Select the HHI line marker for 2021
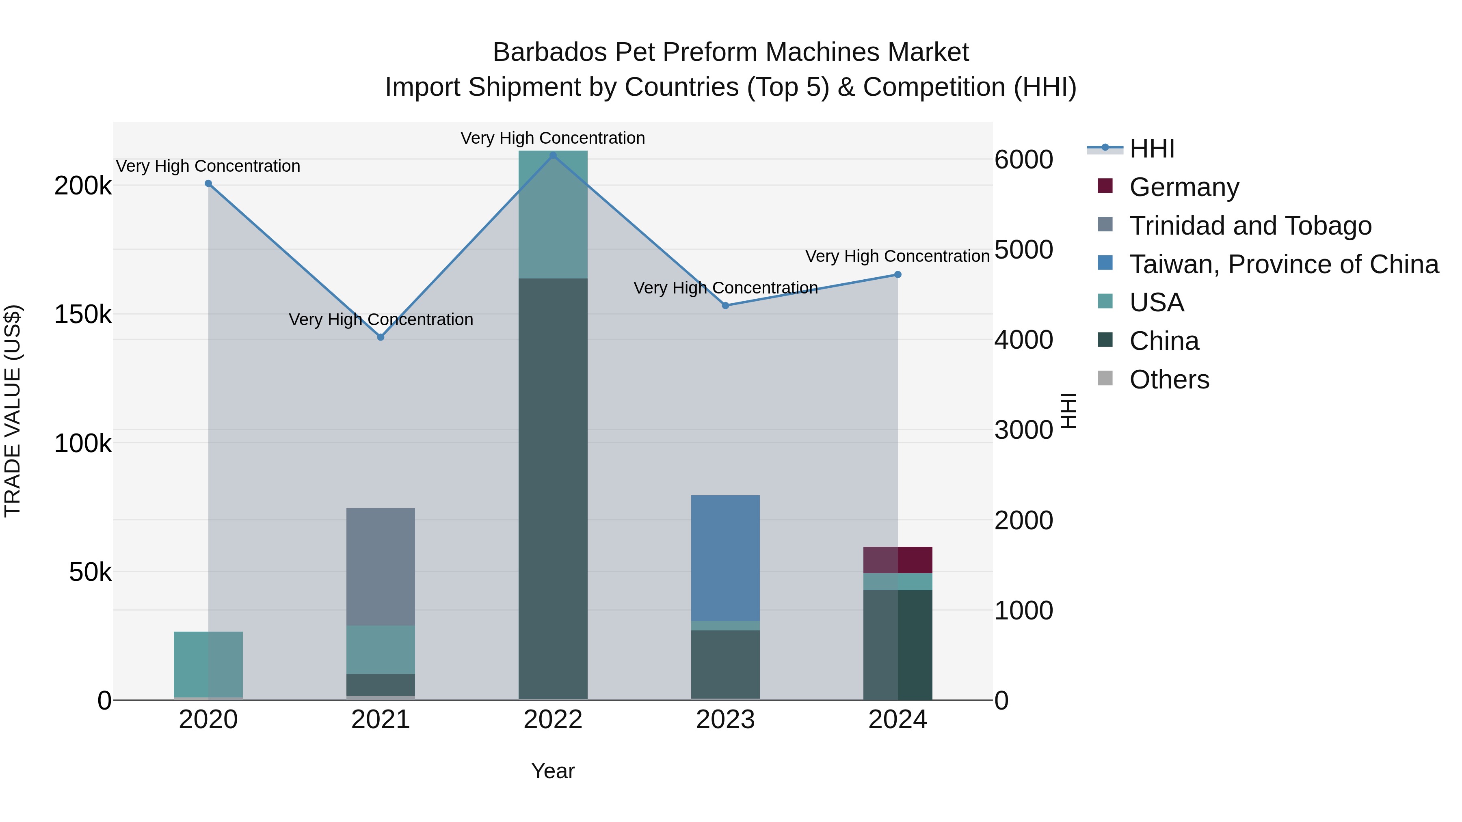click(381, 337)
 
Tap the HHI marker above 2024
click(898, 274)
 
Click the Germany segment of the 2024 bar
click(898, 560)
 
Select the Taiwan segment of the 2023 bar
click(725, 558)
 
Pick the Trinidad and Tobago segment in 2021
click(381, 567)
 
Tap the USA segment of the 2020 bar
click(208, 664)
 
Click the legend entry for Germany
click(1184, 187)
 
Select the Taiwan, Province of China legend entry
click(1284, 264)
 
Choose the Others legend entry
click(1169, 380)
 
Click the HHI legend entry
click(1152, 149)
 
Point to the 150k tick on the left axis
click(83, 314)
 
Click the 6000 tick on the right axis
click(1024, 160)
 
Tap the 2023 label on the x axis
click(725, 720)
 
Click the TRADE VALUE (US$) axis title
click(13, 411)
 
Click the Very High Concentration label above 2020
click(208, 166)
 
